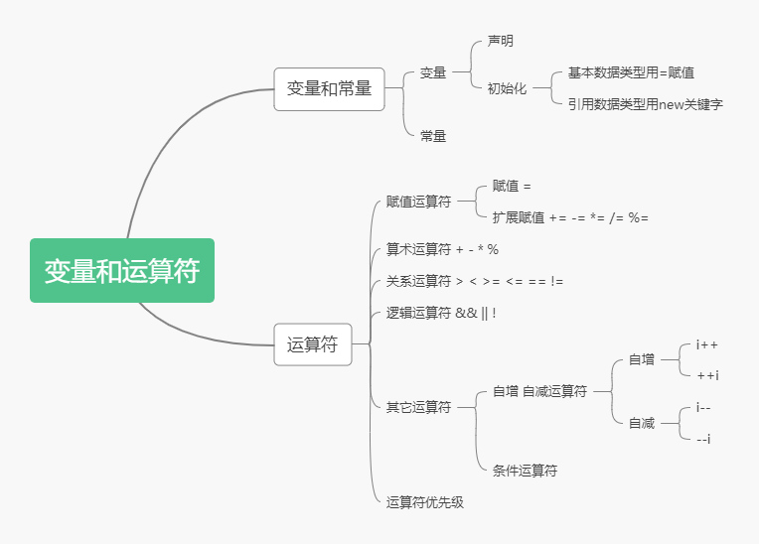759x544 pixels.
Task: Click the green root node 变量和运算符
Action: [122, 271]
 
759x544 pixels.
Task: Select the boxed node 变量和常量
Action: [329, 88]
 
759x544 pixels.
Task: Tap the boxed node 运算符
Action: [312, 345]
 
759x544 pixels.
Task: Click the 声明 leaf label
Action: [500, 42]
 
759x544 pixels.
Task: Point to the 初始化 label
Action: [507, 88]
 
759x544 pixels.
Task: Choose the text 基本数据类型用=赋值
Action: [631, 72]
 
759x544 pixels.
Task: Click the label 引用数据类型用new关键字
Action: [645, 103]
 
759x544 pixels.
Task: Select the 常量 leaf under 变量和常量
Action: [433, 136]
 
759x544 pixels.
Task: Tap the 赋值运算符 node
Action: [418, 202]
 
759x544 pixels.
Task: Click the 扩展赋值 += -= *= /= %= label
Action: [570, 217]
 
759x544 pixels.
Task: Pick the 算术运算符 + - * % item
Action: [442, 249]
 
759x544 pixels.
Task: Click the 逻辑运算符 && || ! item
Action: [441, 313]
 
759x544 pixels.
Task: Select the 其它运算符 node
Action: [418, 407]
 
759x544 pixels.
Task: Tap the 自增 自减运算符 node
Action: [539, 391]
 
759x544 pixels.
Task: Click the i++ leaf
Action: [707, 344]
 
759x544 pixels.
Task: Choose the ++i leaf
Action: [707, 375]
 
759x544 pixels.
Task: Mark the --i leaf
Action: [703, 439]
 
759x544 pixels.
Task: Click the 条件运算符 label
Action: [525, 471]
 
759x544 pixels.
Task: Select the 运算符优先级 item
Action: [425, 502]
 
